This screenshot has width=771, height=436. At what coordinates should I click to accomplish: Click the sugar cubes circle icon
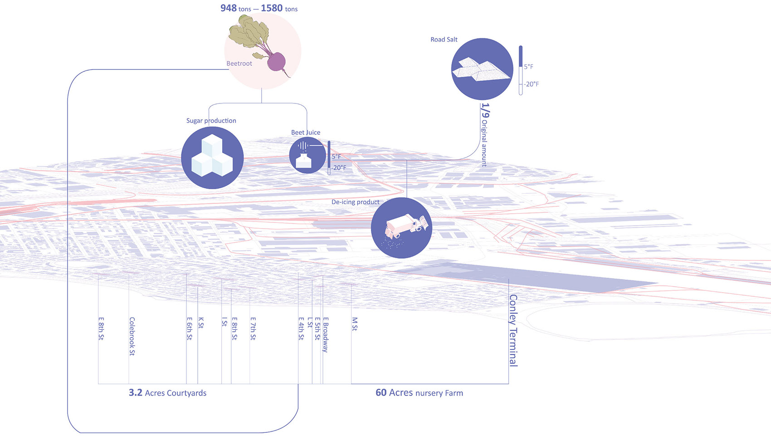212,157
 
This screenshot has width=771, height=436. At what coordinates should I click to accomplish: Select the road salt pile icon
482,69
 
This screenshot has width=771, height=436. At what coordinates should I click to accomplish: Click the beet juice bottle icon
307,156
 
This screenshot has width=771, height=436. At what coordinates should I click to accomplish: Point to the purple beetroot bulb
276,61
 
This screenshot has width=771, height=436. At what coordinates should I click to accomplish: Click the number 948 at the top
229,8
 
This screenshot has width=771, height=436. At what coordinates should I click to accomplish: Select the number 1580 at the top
272,8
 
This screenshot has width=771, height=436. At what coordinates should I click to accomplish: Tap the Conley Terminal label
513,330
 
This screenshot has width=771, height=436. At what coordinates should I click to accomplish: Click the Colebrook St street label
132,336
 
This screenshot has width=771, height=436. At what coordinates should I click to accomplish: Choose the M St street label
355,324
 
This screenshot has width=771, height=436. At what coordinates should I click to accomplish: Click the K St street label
201,323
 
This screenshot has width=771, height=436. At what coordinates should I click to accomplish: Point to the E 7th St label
253,328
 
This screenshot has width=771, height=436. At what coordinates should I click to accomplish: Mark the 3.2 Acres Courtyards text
167,393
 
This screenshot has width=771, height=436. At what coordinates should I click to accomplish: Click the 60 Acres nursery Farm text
419,393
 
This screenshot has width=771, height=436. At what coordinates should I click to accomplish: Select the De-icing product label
355,202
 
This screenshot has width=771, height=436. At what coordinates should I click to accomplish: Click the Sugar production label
211,121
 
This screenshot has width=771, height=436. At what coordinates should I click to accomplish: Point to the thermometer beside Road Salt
520,70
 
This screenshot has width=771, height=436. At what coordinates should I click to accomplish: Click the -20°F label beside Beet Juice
338,168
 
